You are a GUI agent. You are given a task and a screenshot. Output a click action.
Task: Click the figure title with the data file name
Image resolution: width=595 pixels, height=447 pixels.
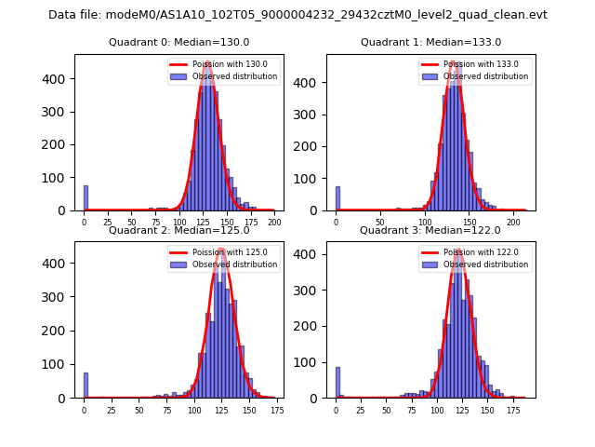[297, 15]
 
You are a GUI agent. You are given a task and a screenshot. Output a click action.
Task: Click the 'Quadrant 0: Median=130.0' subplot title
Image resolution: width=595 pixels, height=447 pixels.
[178, 42]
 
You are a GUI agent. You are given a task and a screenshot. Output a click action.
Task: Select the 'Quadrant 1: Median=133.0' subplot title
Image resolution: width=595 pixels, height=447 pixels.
[430, 42]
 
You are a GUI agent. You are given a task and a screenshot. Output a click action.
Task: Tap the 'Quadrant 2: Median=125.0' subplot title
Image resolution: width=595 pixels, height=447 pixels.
[178, 230]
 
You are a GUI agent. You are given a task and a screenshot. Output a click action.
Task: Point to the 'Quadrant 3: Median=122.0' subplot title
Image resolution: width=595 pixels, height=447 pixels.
[430, 230]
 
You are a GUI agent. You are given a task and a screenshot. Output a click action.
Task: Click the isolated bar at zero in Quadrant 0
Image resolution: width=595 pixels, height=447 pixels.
[86, 198]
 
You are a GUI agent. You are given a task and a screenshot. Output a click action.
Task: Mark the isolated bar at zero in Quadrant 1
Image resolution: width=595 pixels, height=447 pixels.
[337, 198]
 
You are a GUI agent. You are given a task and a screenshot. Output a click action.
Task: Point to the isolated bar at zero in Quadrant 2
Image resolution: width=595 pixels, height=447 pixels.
[86, 386]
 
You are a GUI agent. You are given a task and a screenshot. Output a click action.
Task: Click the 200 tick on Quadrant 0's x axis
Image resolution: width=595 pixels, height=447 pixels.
[274, 223]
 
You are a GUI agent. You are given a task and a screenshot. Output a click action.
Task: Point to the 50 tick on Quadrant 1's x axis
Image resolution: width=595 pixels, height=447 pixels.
[380, 223]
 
